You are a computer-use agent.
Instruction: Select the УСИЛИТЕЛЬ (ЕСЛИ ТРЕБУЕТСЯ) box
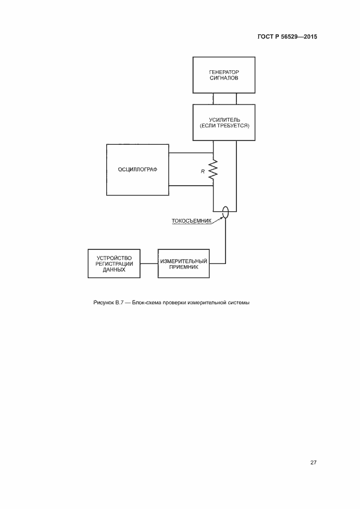point(224,121)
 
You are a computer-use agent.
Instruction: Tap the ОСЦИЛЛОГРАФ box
point(137,169)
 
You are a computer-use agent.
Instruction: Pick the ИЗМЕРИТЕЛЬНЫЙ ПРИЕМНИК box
point(183,263)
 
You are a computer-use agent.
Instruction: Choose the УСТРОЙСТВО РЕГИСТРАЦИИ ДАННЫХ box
point(114,263)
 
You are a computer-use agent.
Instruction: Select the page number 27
point(313,462)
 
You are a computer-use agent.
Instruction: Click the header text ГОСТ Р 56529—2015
point(287,37)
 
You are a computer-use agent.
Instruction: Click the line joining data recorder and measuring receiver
point(149,263)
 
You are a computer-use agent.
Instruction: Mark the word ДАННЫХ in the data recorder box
point(114,269)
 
